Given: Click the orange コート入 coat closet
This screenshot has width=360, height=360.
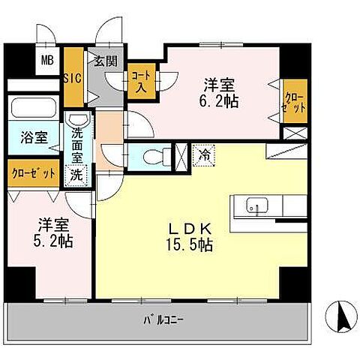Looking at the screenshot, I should coord(139,79).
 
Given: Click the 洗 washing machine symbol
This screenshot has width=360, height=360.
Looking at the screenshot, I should coord(78,175).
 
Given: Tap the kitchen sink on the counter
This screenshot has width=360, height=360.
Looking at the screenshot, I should coord(255,205).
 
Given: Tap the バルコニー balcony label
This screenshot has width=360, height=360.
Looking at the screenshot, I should coord(164,322).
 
